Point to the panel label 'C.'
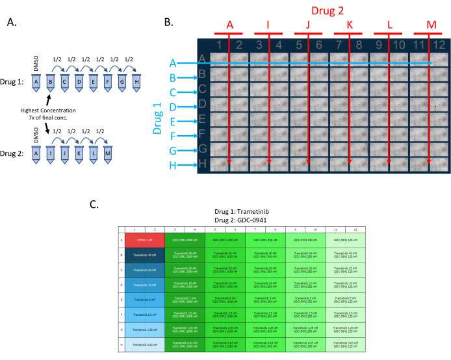click(96, 205)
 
